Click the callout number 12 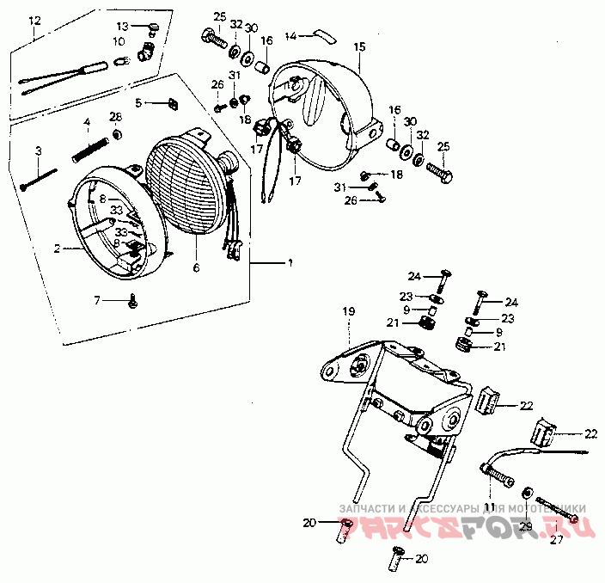click(34, 19)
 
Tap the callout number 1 click(290, 261)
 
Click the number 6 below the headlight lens click(195, 268)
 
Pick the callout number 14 click(290, 36)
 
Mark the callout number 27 click(556, 540)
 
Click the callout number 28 click(115, 117)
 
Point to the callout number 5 click(138, 103)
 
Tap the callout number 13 click(121, 26)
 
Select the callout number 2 click(57, 249)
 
